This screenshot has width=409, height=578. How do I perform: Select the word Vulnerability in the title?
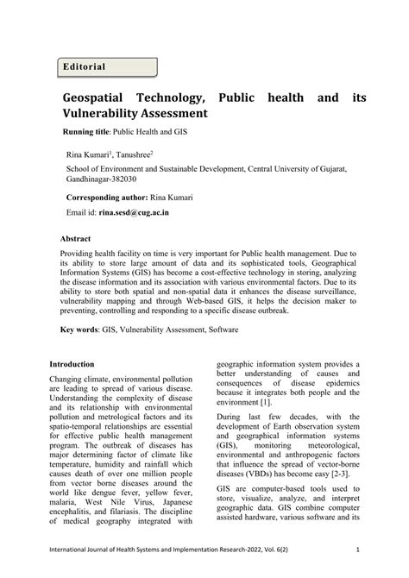coord(108,114)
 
